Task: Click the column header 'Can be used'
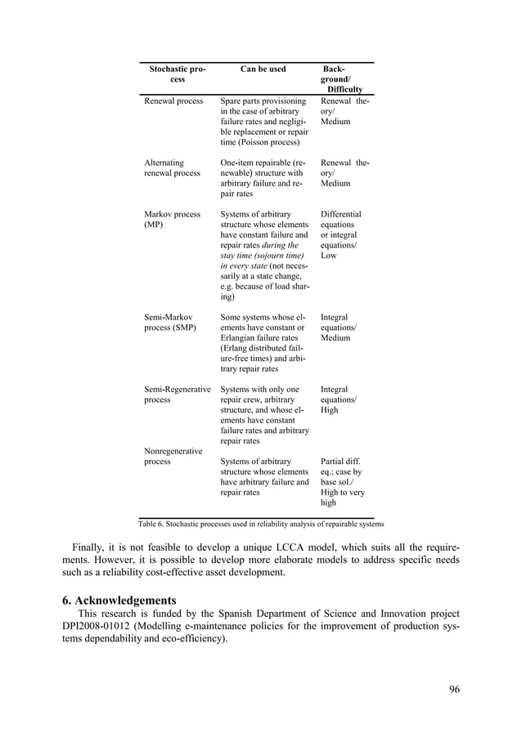coord(263,69)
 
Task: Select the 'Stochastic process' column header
coord(177,74)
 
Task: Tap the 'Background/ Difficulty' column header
coord(343,79)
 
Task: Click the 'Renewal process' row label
coord(173,101)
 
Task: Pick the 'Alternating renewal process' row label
coord(172,167)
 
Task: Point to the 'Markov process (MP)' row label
coord(172,219)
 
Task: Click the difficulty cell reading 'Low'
coord(328,256)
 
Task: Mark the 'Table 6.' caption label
coord(154,524)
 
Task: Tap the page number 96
coord(454,690)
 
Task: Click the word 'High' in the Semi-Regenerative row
coord(330,410)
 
